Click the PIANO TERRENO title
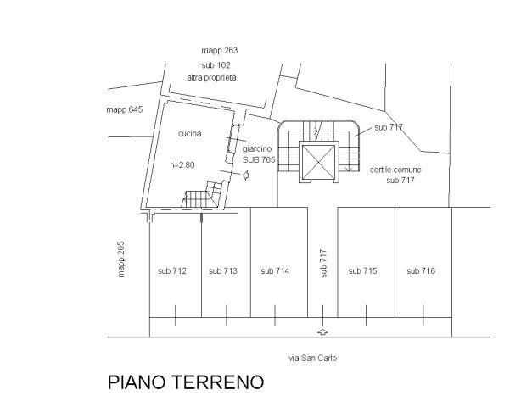click(x=186, y=382)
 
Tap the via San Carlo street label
click(x=313, y=358)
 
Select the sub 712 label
click(x=172, y=270)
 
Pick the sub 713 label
click(x=223, y=270)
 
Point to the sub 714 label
click(x=275, y=270)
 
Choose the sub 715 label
click(x=362, y=270)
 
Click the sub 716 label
click(x=421, y=270)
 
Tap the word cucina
click(x=190, y=134)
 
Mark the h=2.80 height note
click(x=182, y=165)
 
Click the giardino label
click(x=257, y=149)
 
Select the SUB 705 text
click(x=259, y=159)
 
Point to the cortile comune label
click(x=395, y=170)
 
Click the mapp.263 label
click(x=220, y=51)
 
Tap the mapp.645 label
click(x=125, y=109)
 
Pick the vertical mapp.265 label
click(x=121, y=259)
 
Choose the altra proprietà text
click(x=212, y=78)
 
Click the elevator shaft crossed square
click(x=318, y=162)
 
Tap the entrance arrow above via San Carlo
click(x=322, y=331)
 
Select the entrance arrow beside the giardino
click(x=246, y=175)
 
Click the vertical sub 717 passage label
click(x=323, y=264)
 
